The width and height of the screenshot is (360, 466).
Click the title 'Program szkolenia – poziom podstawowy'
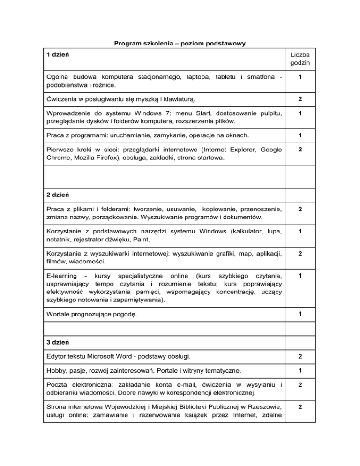point(180,44)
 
